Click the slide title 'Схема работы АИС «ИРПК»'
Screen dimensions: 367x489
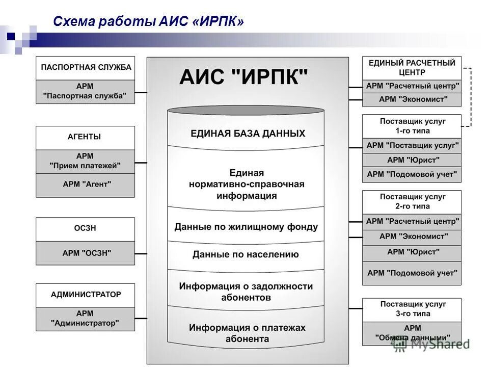coord(148,21)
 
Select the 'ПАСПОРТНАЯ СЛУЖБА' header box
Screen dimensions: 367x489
coord(86,68)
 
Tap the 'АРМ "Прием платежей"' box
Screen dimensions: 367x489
coord(86,161)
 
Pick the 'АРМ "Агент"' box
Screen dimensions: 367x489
coord(86,185)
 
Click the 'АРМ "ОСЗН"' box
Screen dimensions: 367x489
coord(86,253)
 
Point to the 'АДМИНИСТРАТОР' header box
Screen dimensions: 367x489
coord(86,295)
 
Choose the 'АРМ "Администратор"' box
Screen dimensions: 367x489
coord(86,319)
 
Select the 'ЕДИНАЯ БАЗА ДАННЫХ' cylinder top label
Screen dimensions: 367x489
coord(248,134)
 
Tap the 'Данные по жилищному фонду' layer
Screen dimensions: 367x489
coord(246,227)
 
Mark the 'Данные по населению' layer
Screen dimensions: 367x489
coord(246,254)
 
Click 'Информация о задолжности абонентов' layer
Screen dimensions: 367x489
coord(246,292)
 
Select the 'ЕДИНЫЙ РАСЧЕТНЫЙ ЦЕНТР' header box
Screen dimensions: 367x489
coord(412,68)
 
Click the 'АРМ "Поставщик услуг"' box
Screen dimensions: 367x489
coord(412,145)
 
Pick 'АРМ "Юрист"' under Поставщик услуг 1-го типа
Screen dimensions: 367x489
coord(412,160)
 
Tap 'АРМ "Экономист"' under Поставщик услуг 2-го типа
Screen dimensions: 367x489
coord(412,237)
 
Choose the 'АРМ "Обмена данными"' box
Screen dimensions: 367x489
coord(412,333)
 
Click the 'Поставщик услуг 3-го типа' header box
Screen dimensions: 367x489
coord(412,309)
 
